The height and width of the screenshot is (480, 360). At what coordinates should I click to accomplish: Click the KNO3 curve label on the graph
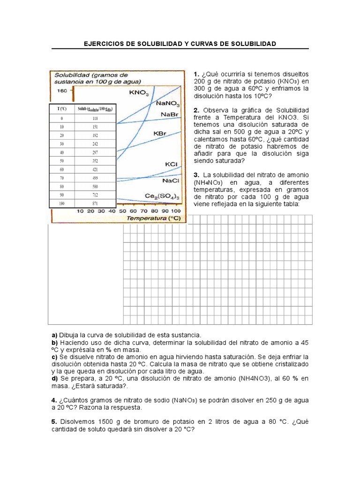[x=139, y=93]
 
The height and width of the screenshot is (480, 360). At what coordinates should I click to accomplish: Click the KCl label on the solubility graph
[x=171, y=165]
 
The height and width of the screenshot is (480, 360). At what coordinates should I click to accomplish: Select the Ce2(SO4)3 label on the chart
[x=165, y=196]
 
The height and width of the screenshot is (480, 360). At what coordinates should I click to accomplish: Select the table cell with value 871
[x=95, y=203]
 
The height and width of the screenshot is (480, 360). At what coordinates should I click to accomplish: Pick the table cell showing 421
[x=95, y=169]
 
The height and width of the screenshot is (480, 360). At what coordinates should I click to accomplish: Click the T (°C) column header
[x=62, y=109]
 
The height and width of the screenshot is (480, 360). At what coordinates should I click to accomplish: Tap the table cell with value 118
[x=95, y=118]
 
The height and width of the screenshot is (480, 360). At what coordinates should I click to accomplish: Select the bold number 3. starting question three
[x=196, y=175]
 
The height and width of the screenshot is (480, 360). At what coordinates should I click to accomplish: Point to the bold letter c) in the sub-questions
[x=54, y=356]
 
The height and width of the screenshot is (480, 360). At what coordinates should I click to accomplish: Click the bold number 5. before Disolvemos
[x=54, y=421]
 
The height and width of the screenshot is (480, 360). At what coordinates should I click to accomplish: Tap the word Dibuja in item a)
[x=69, y=335]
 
